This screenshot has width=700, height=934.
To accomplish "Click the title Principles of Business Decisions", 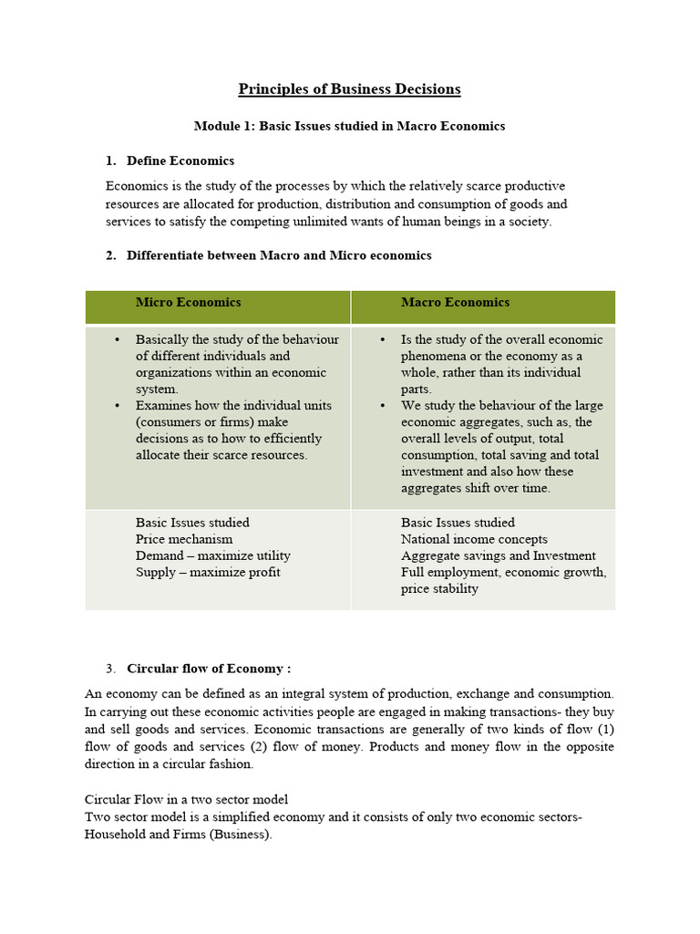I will click(349, 89).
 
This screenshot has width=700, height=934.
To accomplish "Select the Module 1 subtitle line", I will click(349, 126).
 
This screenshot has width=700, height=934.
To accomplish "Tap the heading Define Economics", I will click(180, 161).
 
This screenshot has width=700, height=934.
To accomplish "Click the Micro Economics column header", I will click(189, 303).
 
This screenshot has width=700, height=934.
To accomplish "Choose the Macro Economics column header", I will click(455, 303).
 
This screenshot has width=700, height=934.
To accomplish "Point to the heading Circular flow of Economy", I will click(209, 668).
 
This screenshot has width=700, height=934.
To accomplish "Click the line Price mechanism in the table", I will click(178, 539).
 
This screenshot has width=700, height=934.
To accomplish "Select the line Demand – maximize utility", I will click(213, 555).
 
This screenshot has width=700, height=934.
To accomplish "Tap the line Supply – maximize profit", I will click(208, 572).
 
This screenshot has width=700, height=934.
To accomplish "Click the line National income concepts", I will click(474, 539).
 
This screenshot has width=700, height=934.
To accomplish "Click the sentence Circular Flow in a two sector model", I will click(186, 800).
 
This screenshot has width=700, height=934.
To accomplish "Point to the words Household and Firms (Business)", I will click(178, 834).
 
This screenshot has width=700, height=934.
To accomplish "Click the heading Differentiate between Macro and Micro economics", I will click(279, 255).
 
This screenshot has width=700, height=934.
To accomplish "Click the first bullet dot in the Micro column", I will click(117, 339).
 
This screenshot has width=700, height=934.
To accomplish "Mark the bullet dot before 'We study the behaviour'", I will click(382, 405).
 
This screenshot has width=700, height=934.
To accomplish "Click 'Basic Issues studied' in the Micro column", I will click(192, 523).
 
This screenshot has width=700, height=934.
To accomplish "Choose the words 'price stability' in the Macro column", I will click(439, 588).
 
